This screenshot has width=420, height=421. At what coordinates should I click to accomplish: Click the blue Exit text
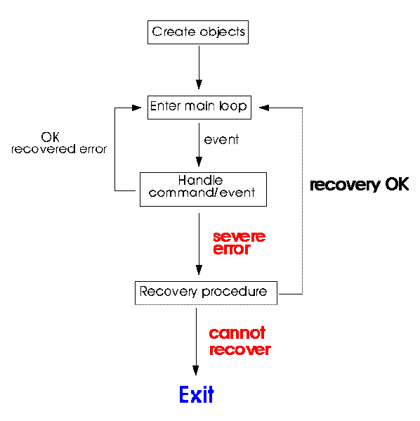[197, 394]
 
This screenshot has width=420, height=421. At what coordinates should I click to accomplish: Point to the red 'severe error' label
[239, 242]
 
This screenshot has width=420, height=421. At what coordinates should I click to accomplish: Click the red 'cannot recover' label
[239, 341]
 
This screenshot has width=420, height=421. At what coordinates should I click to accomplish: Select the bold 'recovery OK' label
[360, 185]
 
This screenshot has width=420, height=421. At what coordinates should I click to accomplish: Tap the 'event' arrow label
[221, 140]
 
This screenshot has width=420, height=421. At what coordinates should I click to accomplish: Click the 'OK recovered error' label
[59, 143]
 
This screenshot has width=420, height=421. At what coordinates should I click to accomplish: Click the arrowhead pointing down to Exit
[196, 370]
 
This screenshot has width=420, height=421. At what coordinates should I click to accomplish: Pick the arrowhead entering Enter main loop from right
[264, 108]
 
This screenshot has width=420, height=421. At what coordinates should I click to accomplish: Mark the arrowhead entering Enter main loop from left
[136, 108]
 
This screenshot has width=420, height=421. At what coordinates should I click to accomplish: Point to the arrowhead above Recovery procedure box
[199, 270]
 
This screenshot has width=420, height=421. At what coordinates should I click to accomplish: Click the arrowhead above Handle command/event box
[199, 162]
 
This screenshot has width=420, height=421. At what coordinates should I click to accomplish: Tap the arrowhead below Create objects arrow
[199, 84]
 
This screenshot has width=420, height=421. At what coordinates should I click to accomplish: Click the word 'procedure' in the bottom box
[235, 292]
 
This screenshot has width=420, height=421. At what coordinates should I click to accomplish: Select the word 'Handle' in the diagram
[200, 180]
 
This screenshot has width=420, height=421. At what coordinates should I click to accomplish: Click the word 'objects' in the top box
[223, 32]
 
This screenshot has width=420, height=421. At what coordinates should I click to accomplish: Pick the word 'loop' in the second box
[233, 107]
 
